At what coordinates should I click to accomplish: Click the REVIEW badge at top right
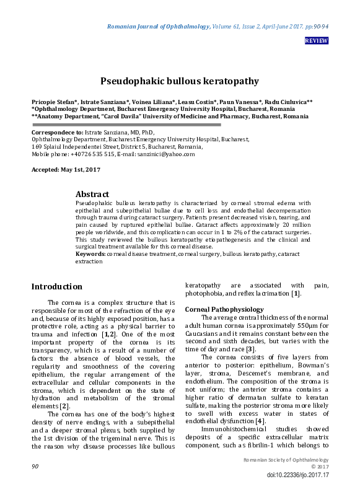(316, 41)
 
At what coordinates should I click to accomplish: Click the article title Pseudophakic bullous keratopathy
(180, 81)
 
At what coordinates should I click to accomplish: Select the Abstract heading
(92, 194)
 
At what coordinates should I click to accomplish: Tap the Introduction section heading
(56, 287)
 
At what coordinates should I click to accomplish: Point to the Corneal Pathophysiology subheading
(224, 309)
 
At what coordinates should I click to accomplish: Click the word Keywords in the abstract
(90, 254)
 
